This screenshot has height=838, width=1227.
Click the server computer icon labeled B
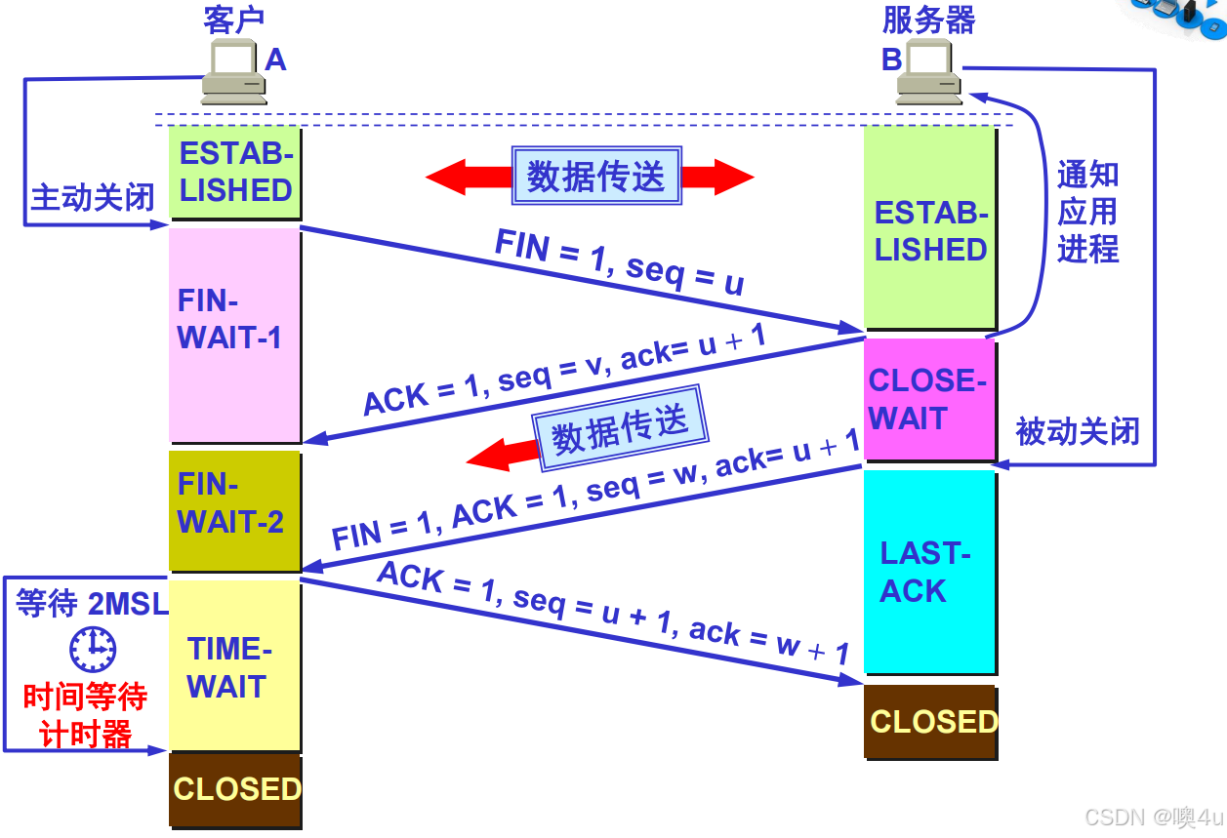click(929, 75)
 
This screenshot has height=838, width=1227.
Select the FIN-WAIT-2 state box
click(234, 509)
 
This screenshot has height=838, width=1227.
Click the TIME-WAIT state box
click(234, 666)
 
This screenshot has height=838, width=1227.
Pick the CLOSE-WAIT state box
click(928, 399)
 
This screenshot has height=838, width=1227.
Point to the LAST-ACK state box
click(928, 572)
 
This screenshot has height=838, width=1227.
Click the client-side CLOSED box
click(235, 789)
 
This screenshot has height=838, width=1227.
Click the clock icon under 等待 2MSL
click(93, 649)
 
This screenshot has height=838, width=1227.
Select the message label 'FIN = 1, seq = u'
click(619, 261)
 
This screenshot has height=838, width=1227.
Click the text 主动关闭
click(93, 197)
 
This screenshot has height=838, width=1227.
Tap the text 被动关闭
click(1078, 430)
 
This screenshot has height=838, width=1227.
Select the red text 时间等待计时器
click(86, 715)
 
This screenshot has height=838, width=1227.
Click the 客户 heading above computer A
click(234, 20)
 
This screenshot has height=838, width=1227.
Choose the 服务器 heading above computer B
click(928, 20)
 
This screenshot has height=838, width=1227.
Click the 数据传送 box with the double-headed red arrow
click(595, 177)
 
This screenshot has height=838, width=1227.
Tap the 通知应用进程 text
click(1087, 213)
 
